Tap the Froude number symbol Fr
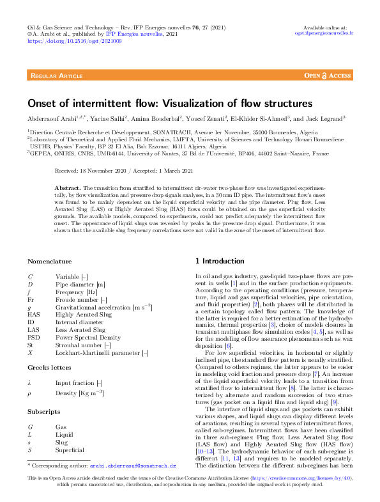click(x=31, y=299)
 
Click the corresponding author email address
click(x=132, y=466)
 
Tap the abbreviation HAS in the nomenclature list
click(x=34, y=314)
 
